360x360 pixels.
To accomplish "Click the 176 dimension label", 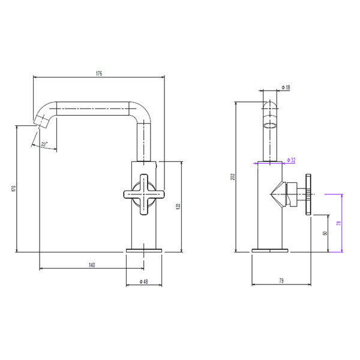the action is pyautogui.click(x=99, y=73).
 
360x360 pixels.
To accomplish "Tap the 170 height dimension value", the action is pyautogui.click(x=14, y=189).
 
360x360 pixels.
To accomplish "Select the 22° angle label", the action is pyautogui.click(x=44, y=145).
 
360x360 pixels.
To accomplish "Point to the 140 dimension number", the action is pyautogui.click(x=92, y=265).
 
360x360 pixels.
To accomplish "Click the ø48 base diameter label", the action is pyautogui.click(x=144, y=281).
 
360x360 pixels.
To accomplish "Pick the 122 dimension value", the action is pyautogui.click(x=179, y=206).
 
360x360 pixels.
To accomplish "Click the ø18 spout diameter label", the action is pyautogui.click(x=286, y=87).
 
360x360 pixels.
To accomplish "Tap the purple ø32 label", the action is pyautogui.click(x=291, y=160).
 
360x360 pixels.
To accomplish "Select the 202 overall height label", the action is pyautogui.click(x=233, y=176).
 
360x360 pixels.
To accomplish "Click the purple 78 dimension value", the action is pyautogui.click(x=338, y=223).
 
